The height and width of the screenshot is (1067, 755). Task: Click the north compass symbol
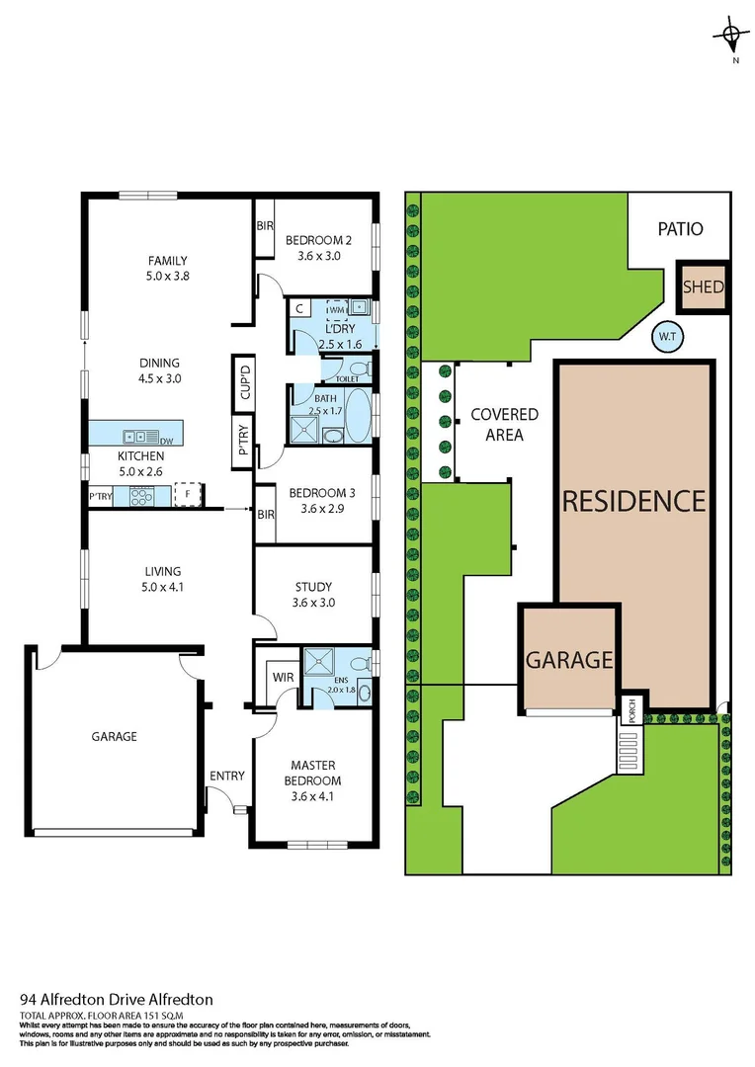tap(731, 39)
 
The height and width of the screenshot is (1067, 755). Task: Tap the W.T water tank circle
tap(667, 338)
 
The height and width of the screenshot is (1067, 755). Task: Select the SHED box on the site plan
tap(704, 287)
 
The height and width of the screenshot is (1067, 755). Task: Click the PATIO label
tap(681, 229)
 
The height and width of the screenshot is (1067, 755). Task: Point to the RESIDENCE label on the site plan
tap(633, 501)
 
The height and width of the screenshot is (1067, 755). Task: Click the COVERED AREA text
tap(504, 425)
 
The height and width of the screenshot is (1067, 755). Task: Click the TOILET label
tap(347, 378)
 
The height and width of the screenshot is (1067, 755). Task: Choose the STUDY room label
tap(312, 587)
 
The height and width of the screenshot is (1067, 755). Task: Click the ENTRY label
tap(226, 776)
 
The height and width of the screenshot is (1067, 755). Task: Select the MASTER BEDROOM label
tap(312, 773)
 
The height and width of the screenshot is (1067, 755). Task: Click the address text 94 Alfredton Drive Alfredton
tap(117, 1000)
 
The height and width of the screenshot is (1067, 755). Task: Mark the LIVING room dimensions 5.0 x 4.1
tap(162, 587)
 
